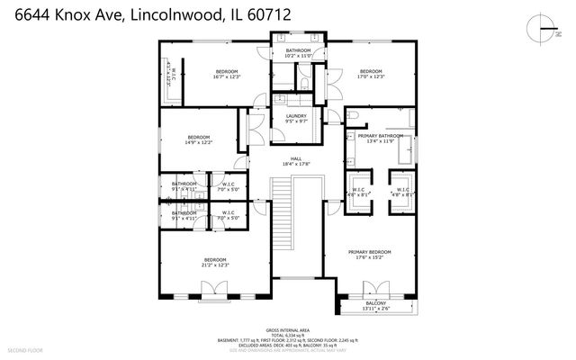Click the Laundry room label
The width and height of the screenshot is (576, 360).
click(296, 118)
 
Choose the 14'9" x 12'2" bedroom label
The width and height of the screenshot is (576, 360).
click(199, 140)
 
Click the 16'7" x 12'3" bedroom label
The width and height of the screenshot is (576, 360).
click(226, 74)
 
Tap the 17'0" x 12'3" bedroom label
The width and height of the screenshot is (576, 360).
click(372, 74)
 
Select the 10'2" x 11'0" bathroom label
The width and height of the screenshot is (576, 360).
click(298, 53)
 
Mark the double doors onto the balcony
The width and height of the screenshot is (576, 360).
click(374, 290)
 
